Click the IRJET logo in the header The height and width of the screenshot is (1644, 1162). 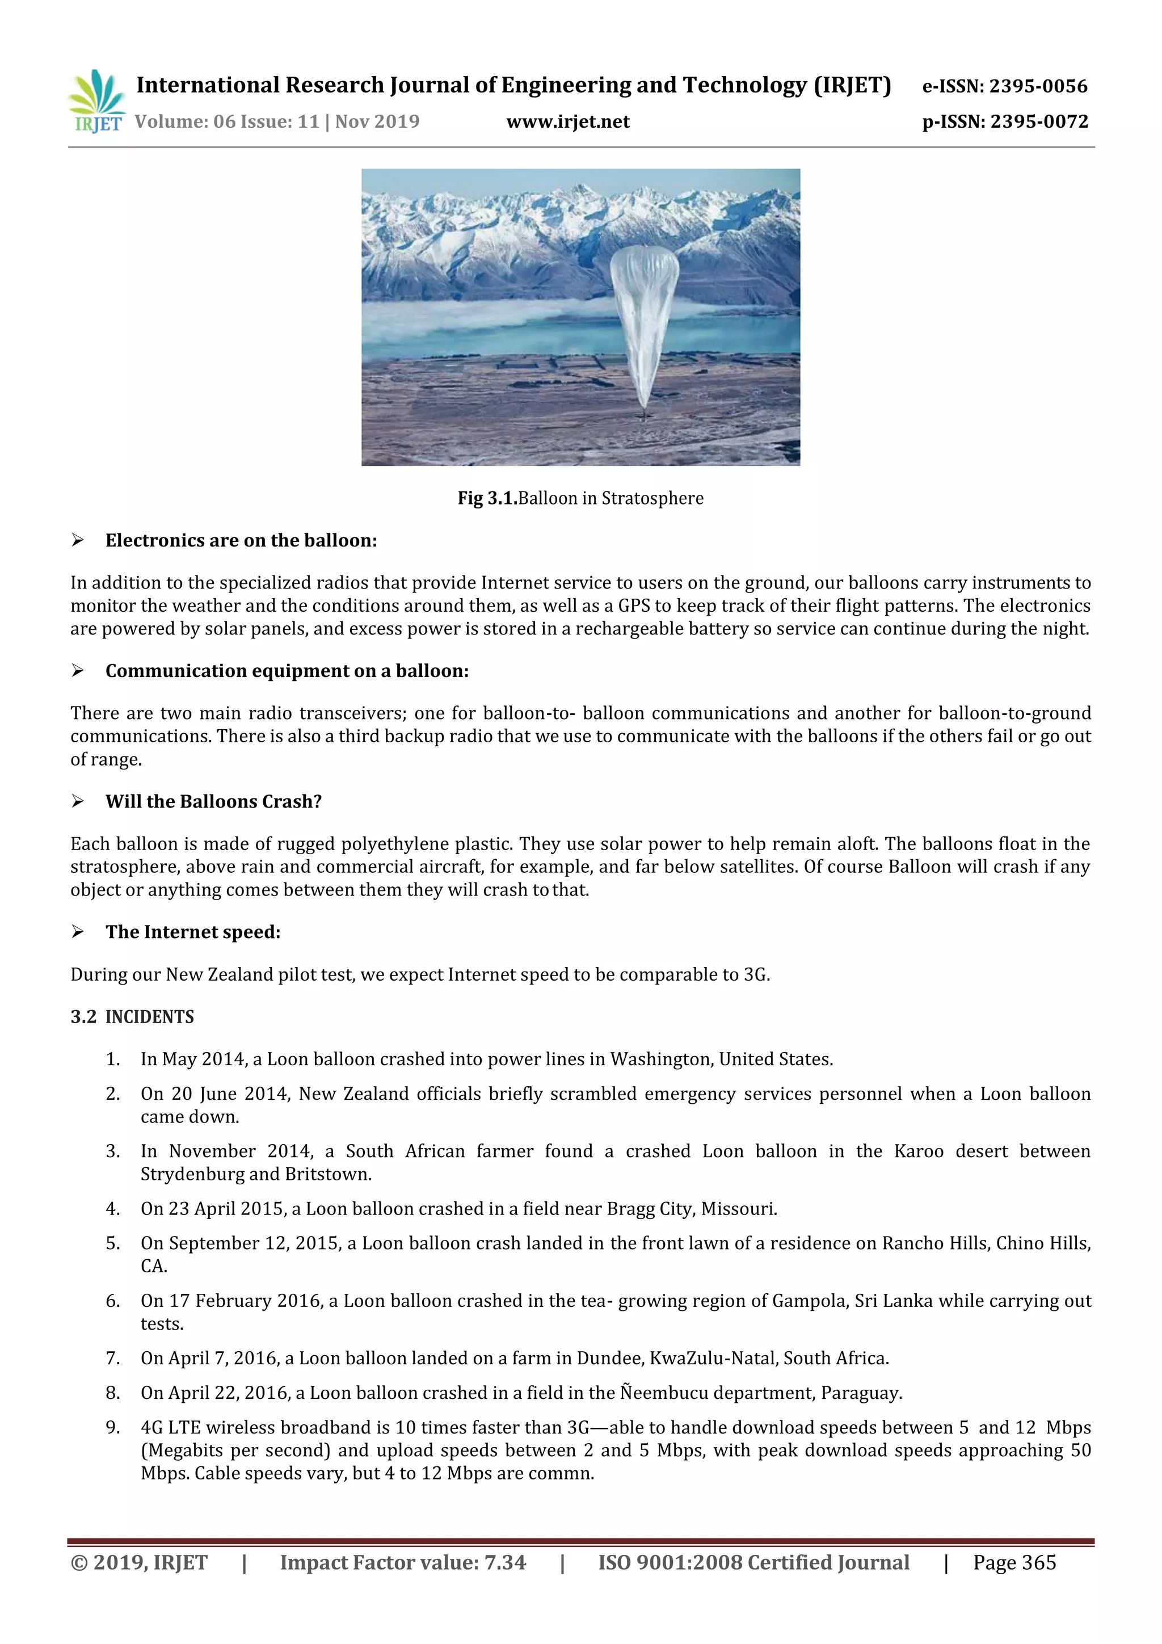coord(96,101)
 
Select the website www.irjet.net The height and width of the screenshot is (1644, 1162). coord(568,123)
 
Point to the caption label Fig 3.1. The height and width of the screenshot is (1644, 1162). coord(487,498)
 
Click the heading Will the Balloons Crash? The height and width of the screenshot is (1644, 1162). coord(213,801)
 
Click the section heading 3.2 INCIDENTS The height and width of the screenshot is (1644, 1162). coord(132,1017)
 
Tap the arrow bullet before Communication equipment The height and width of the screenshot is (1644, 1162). coord(77,671)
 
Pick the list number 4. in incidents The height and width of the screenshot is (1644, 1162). coord(112,1209)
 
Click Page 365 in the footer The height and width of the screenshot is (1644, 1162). coord(1014,1563)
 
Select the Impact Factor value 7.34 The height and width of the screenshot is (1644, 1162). coord(505,1563)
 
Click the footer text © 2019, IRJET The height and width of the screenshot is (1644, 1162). coord(139,1563)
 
